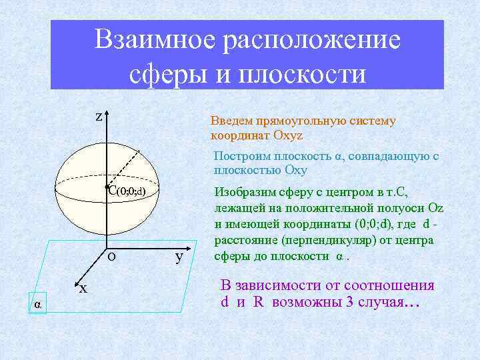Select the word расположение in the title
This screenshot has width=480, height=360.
coord(313,40)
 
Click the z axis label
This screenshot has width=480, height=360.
coord(98,117)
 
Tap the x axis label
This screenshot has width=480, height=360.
coord(83,289)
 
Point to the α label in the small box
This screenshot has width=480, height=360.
coord(38,304)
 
